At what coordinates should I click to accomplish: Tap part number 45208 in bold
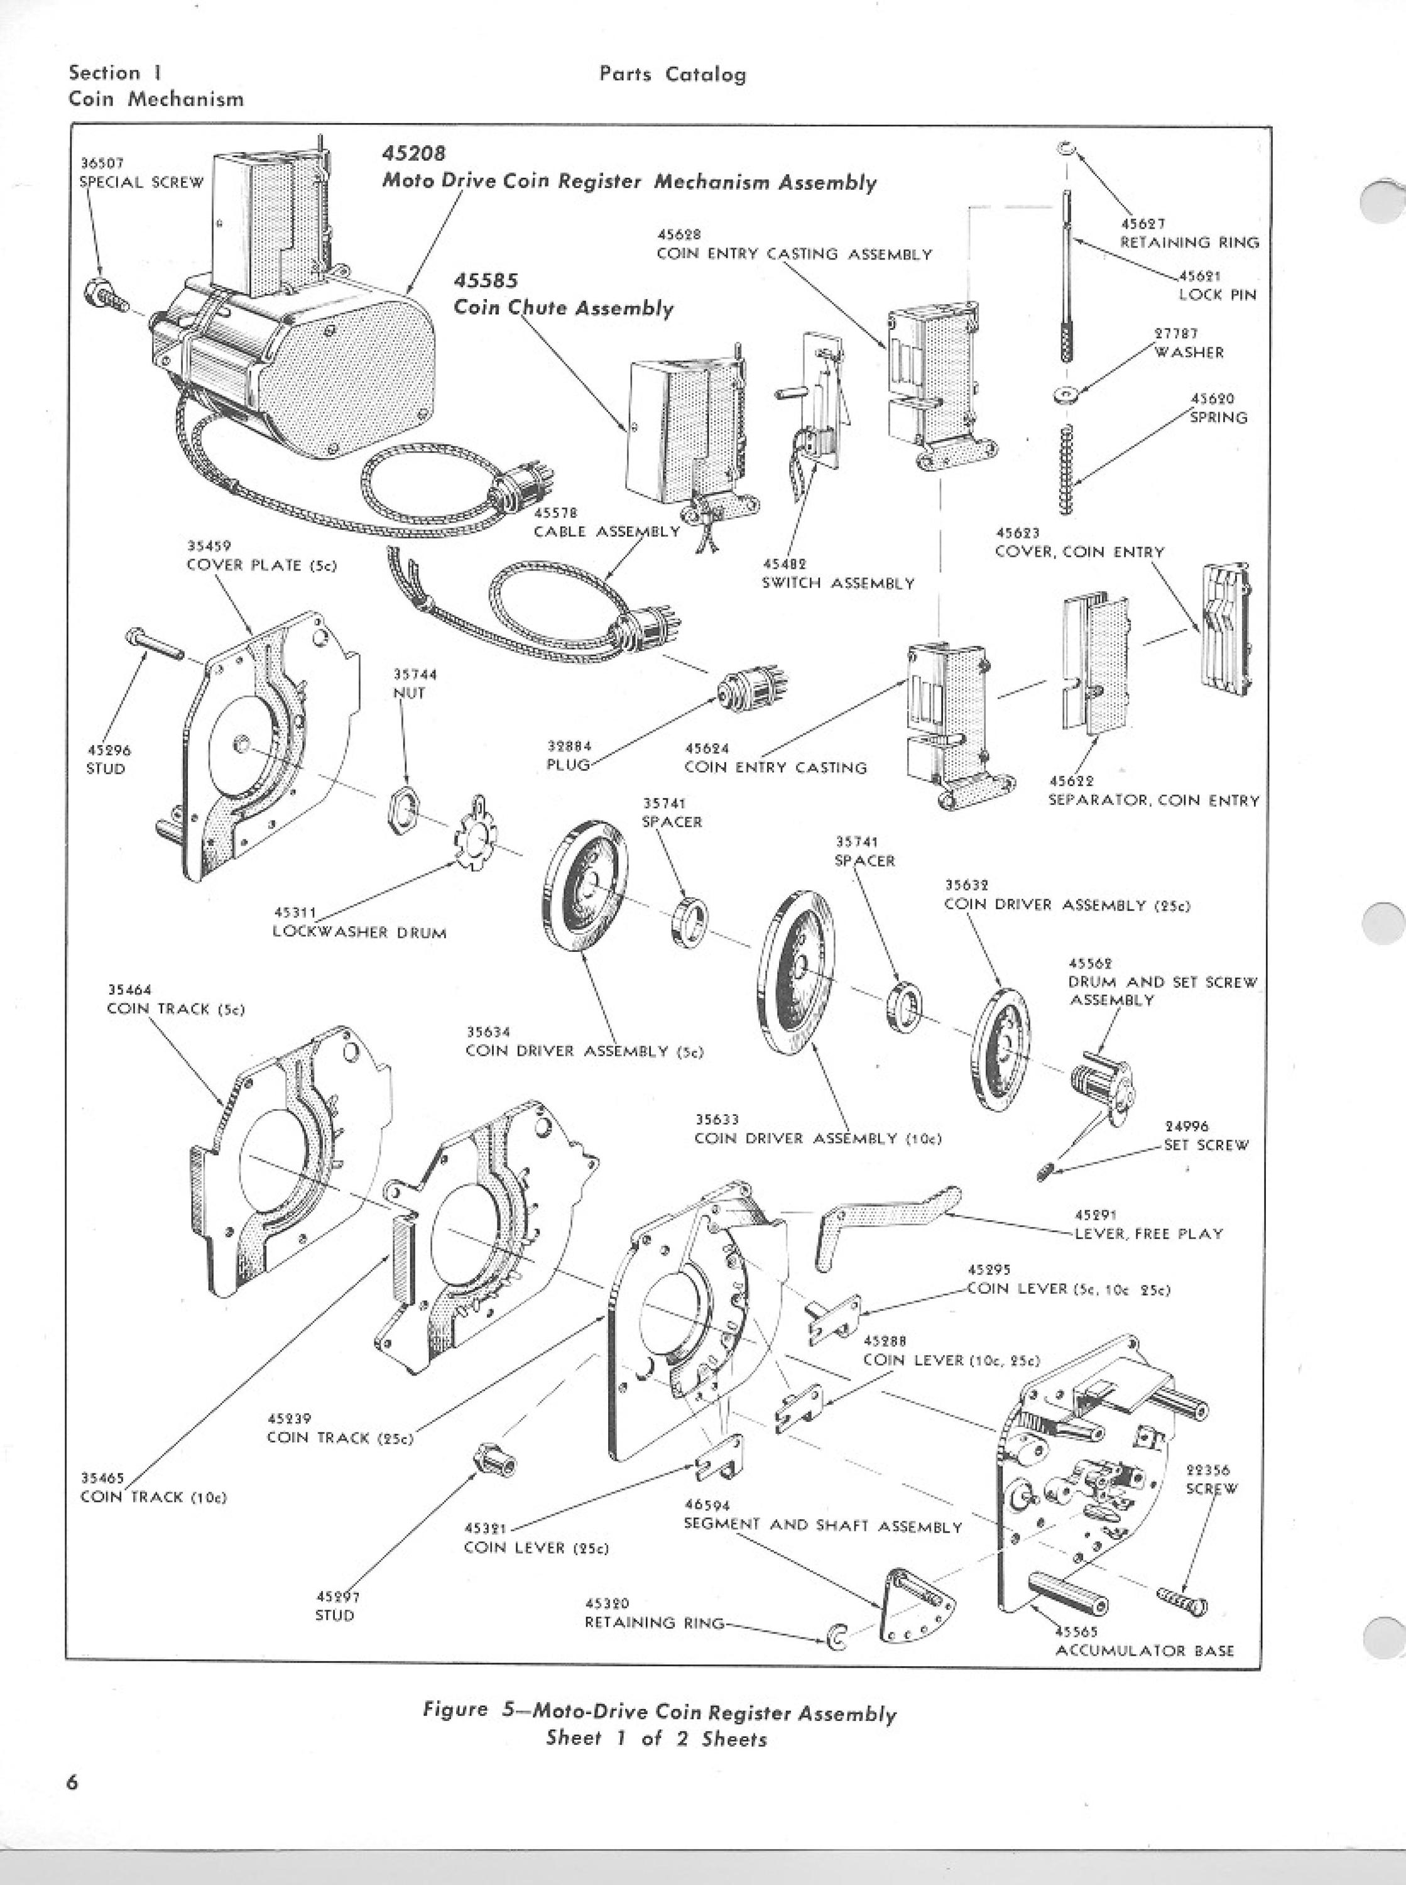(413, 153)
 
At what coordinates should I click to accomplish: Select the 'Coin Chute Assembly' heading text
(564, 307)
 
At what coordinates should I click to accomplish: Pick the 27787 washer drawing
(1065, 394)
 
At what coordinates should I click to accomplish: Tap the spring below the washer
(1067, 469)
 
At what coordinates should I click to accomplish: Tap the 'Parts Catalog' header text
(672, 74)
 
